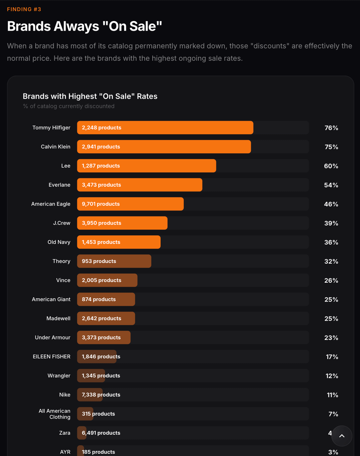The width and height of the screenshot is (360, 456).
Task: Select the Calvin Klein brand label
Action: pyautogui.click(x=55, y=147)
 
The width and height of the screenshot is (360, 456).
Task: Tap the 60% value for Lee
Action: pyautogui.click(x=331, y=166)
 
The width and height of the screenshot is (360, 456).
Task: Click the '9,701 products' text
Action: pyautogui.click(x=101, y=204)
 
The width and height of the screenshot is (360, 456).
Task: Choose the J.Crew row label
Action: pyautogui.click(x=62, y=223)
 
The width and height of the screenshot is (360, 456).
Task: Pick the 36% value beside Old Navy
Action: pyautogui.click(x=331, y=242)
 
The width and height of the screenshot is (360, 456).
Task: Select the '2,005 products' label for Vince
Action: pyautogui.click(x=101, y=280)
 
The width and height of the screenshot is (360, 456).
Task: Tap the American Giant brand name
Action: pyautogui.click(x=51, y=299)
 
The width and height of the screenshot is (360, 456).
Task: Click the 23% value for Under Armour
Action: pyautogui.click(x=331, y=338)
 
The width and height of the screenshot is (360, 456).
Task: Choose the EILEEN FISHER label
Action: pyautogui.click(x=52, y=357)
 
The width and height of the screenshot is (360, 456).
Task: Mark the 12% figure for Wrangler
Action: pyautogui.click(x=332, y=376)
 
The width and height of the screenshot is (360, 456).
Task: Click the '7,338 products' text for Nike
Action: pyautogui.click(x=101, y=395)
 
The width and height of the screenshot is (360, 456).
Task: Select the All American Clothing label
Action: pyautogui.click(x=55, y=414)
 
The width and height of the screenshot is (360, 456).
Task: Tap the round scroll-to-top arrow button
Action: pyautogui.click(x=342, y=436)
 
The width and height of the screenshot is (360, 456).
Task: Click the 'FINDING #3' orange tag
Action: pyautogui.click(x=24, y=9)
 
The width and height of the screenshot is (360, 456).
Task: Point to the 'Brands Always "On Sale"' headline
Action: pyautogui.click(x=84, y=26)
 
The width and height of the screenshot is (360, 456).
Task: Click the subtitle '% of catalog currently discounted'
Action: pyautogui.click(x=69, y=106)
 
